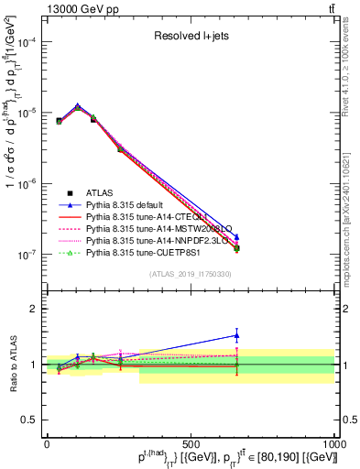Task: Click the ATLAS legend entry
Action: coord(101,192)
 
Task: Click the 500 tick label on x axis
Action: coord(191,444)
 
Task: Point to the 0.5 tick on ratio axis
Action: coord(32,420)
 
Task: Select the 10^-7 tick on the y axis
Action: coord(28,255)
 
